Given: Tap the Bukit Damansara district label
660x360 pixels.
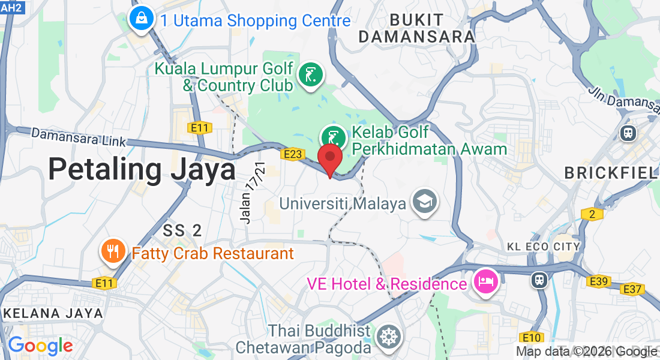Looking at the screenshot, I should tap(417, 28).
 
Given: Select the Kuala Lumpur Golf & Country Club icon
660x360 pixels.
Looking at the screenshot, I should tap(311, 76).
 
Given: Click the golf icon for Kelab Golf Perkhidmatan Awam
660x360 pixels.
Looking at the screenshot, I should tap(334, 137).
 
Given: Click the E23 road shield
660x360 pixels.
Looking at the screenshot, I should tap(292, 154).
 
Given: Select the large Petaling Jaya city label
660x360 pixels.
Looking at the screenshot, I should tap(142, 169).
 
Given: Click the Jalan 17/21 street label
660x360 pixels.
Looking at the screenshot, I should tap(253, 193).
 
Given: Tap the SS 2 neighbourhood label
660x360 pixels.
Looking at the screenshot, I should tap(182, 230).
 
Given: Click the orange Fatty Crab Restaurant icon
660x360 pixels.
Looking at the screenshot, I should tap(113, 252).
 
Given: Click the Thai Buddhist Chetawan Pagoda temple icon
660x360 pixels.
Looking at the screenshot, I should tap(388, 338).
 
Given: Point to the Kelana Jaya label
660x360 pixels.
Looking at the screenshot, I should tap(53, 313).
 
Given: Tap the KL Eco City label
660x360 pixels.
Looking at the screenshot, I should tap(544, 247).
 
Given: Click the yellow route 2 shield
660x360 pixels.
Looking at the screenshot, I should tap(591, 214).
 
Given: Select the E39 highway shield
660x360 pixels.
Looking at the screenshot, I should tap(599, 281).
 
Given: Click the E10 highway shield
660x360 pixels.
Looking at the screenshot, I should tap(532, 337).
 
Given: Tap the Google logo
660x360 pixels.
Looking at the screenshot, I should tap(40, 346).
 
